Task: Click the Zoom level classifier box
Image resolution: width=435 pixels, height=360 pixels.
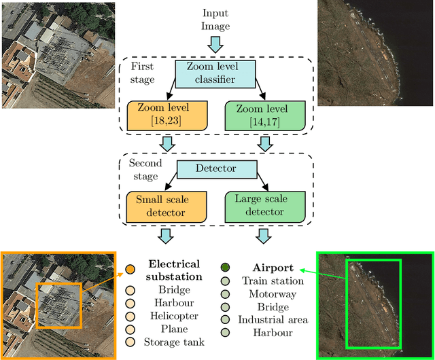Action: coord(215,73)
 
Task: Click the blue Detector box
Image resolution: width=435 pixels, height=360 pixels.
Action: coord(216,168)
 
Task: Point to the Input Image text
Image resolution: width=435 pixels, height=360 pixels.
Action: coord(216,19)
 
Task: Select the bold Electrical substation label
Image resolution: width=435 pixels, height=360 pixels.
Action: coord(174,270)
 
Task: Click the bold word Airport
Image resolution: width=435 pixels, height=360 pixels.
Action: coord(273,268)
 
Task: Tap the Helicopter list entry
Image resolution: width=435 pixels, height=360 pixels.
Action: coord(174,316)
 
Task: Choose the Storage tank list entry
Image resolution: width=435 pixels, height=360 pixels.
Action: coord(174,342)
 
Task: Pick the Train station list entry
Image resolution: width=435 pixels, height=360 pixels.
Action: coord(273,281)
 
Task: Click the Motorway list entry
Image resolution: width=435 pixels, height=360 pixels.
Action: coord(273,294)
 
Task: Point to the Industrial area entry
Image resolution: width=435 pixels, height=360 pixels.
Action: coord(273,320)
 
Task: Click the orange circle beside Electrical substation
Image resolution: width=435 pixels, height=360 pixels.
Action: coord(130,270)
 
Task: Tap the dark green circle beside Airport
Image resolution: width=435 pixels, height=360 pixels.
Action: coord(226,268)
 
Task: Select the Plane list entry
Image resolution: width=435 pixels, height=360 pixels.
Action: coord(174,329)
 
